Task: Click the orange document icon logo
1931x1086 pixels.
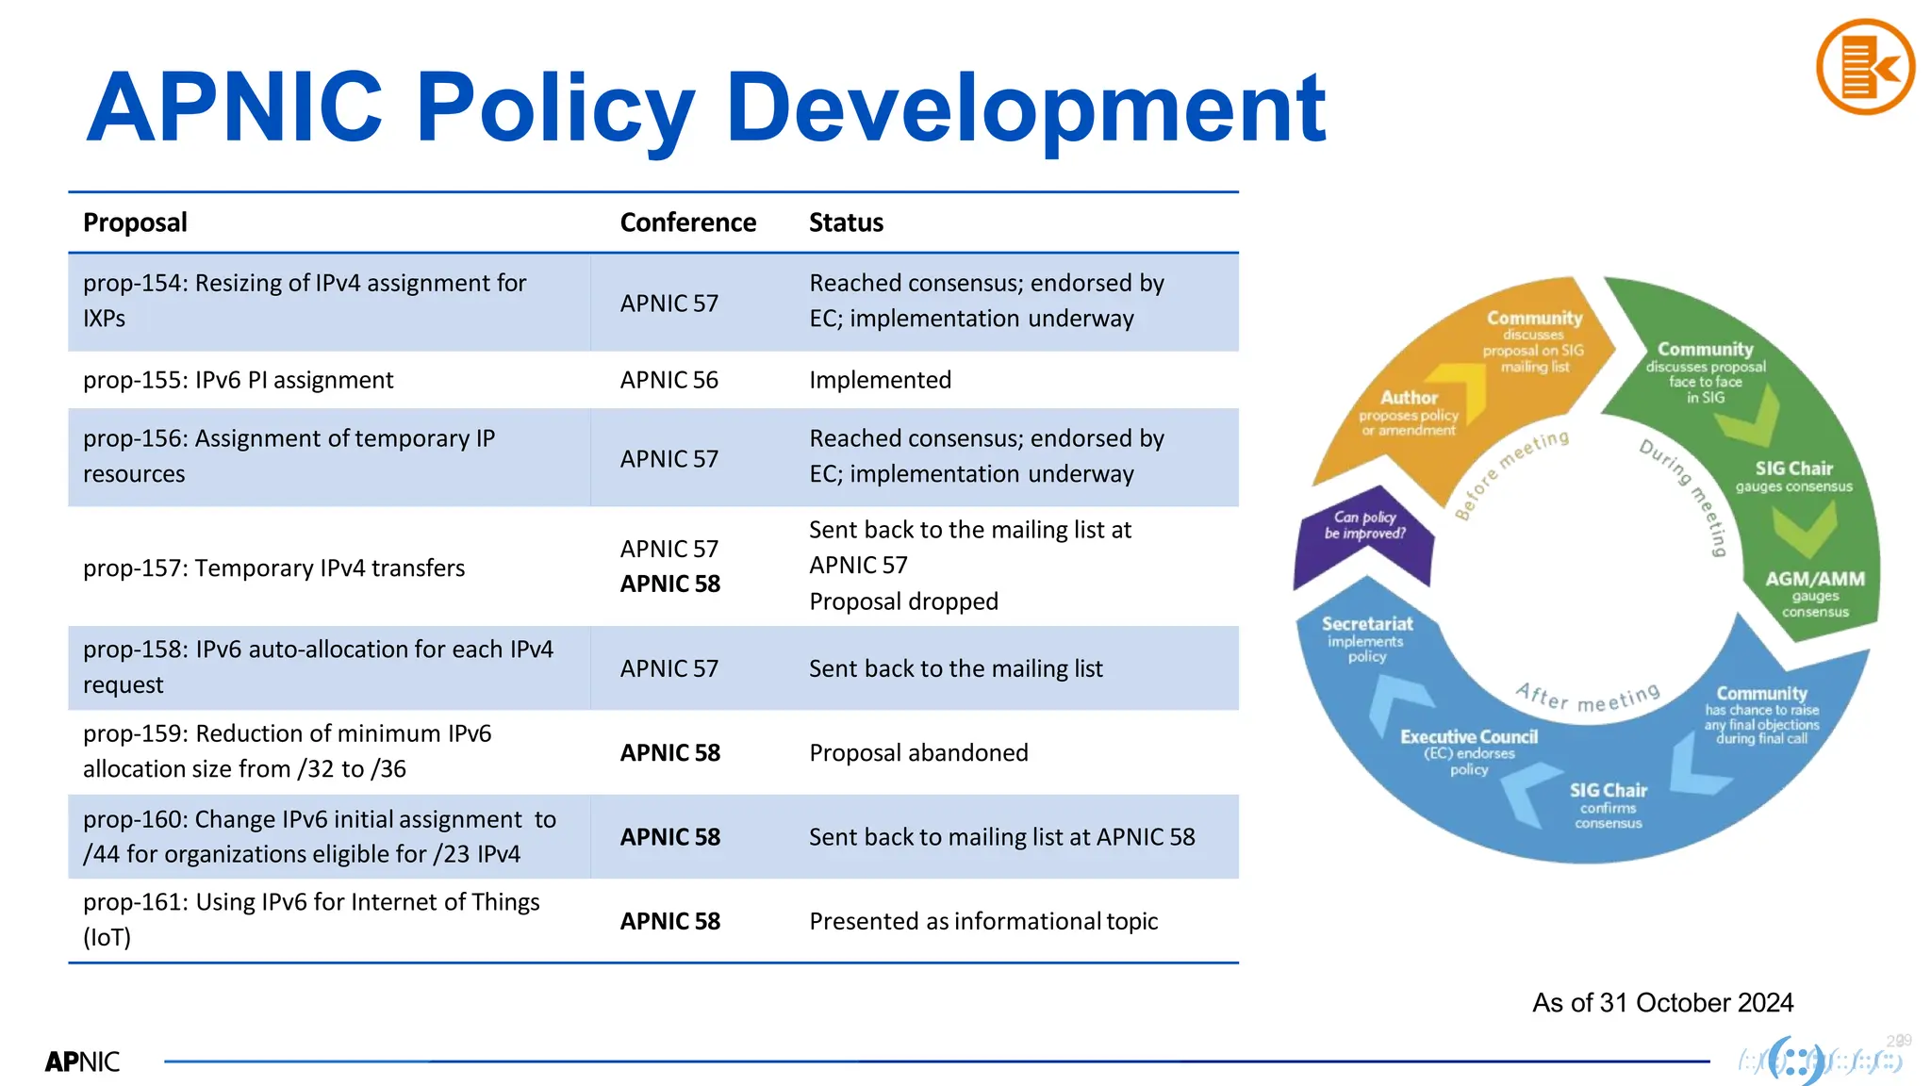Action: (1864, 67)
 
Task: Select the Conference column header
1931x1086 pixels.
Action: (687, 222)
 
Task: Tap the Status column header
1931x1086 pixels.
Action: (846, 222)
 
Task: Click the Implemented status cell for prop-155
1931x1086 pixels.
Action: (880, 380)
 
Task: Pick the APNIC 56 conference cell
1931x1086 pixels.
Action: (668, 380)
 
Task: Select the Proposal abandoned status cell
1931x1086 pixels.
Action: (918, 752)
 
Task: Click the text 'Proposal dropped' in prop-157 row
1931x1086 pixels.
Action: (903, 601)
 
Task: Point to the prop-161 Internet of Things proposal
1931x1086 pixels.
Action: (311, 919)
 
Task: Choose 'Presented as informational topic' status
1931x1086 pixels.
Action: (983, 921)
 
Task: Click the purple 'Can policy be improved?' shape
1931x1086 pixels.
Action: (1364, 533)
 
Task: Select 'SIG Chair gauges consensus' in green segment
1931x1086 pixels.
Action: (1793, 476)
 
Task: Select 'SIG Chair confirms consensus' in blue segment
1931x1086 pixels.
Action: (1608, 804)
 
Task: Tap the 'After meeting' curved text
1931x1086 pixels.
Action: (1588, 699)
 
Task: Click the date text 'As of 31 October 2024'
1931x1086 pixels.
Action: (1662, 1002)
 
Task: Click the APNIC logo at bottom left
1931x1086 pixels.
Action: (82, 1061)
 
